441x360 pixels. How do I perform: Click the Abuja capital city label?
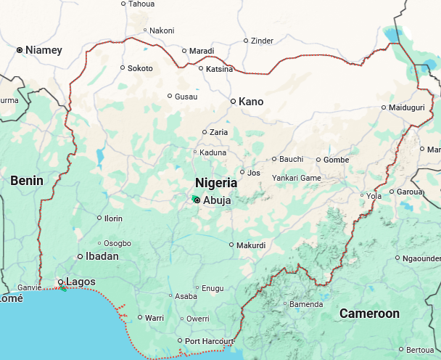217,200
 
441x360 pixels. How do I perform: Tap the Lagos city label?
81,282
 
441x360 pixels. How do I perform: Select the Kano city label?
251,102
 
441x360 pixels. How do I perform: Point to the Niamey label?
44,50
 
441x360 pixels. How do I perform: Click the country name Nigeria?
215,183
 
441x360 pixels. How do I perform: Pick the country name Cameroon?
369,314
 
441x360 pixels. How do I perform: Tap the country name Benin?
27,180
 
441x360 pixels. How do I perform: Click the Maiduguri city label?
406,107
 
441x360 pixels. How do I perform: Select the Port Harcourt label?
209,340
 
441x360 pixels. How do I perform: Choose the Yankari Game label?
296,178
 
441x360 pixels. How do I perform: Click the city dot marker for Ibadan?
80,256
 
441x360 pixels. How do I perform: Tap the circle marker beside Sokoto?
123,68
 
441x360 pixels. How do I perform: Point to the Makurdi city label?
251,245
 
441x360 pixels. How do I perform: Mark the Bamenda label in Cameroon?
306,304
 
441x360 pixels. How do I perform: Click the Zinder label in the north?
262,41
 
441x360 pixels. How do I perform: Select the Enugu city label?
213,288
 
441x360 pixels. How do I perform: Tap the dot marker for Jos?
243,173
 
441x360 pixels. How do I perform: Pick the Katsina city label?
220,69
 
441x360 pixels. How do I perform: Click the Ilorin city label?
113,218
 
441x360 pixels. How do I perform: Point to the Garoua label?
410,192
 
